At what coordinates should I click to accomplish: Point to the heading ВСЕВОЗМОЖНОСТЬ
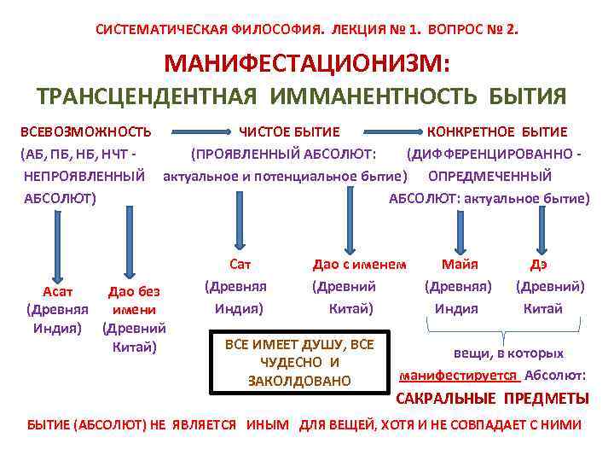point(86,131)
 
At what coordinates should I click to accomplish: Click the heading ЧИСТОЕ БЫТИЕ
point(289,131)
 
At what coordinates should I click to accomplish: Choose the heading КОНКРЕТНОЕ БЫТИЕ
point(497,131)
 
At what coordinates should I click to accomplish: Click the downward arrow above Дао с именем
point(350,218)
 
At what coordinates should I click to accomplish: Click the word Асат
point(56,291)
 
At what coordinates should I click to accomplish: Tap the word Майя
point(460,265)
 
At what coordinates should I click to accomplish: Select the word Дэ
point(539,265)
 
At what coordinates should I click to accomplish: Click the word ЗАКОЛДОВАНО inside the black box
point(299,380)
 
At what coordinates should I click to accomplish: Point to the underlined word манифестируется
point(459,375)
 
